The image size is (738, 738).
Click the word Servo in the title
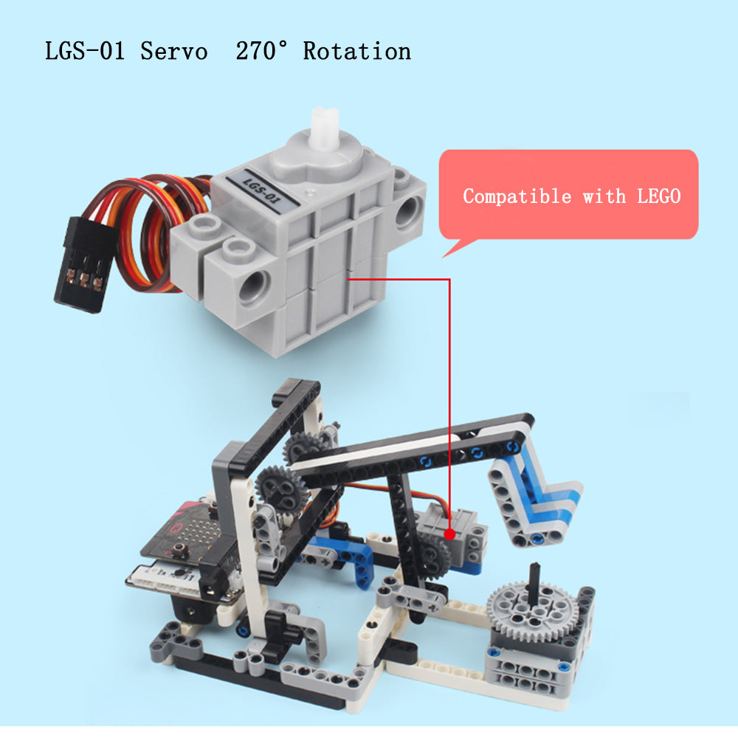(x=173, y=51)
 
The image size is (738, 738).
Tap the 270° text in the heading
(x=261, y=50)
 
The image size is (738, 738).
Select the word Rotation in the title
(x=356, y=51)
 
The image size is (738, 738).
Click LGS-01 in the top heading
(x=85, y=51)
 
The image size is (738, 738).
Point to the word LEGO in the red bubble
(x=658, y=196)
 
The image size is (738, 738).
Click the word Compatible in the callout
(x=517, y=196)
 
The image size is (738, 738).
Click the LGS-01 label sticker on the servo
(x=262, y=192)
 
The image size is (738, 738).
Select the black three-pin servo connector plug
(x=85, y=264)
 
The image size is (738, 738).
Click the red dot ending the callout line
(x=449, y=534)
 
